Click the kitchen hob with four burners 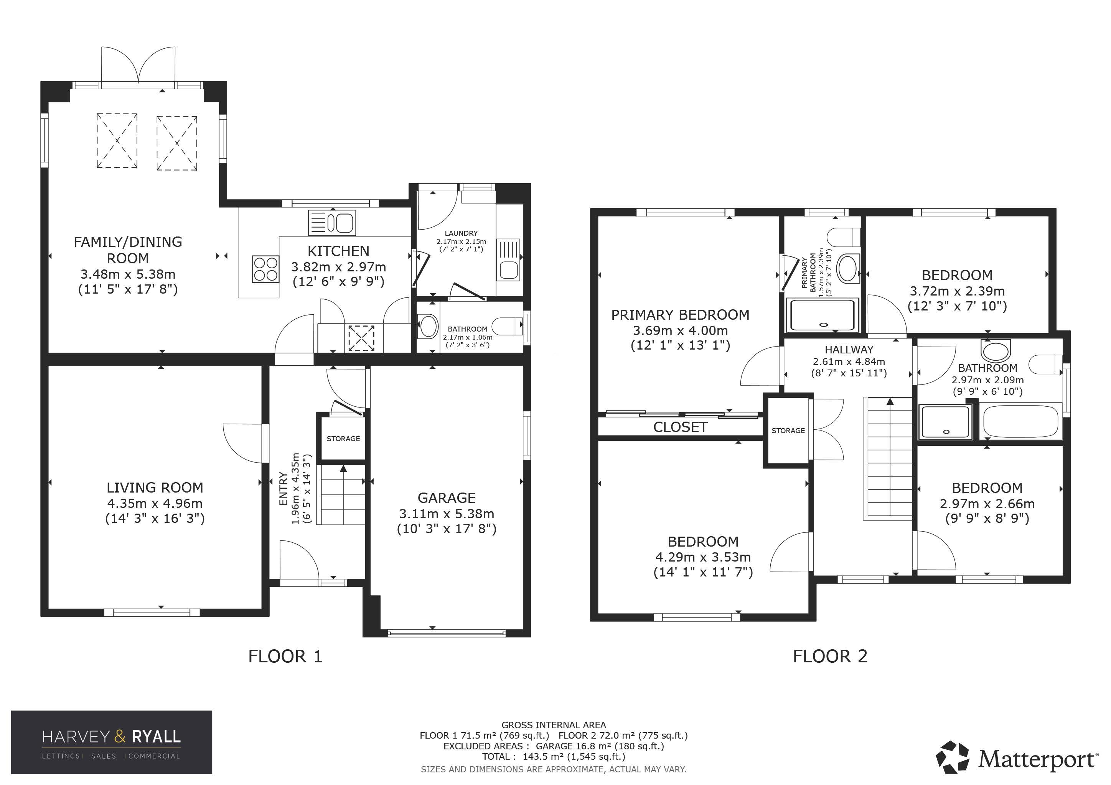tap(265, 269)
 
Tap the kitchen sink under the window tap(332, 223)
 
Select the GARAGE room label tap(447, 498)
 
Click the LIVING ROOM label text tap(155, 487)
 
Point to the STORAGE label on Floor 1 tap(343, 438)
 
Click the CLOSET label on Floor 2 tap(680, 427)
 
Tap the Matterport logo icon tap(952, 757)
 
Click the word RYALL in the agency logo tap(156, 737)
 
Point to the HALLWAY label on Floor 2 tap(849, 350)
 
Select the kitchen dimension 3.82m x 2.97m tap(339, 267)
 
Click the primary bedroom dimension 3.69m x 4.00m tap(680, 331)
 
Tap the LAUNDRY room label tap(461, 233)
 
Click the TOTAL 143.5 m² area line tap(554, 757)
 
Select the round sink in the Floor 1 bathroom tap(428, 326)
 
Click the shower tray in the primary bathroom tap(823, 315)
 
